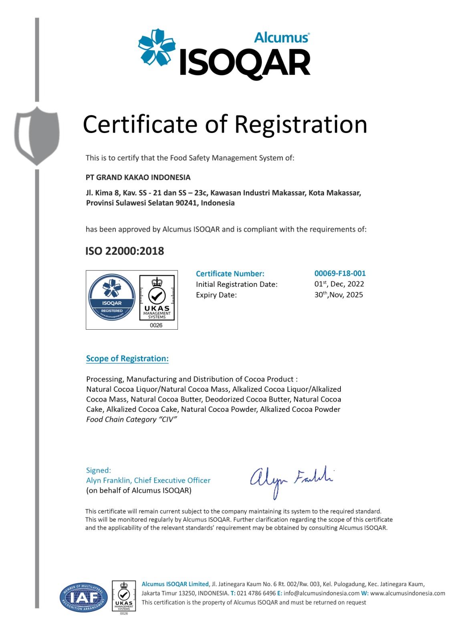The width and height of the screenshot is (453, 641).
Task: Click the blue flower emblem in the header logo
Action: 157,47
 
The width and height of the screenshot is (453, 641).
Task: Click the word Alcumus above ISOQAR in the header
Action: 282,38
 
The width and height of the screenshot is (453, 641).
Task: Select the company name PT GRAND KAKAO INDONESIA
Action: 138,177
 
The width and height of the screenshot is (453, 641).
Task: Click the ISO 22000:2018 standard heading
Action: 125,251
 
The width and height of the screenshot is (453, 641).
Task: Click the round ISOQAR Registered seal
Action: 112,297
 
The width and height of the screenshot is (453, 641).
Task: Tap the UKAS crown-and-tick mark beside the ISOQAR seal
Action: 157,297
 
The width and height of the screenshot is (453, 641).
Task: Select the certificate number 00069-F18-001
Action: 340,274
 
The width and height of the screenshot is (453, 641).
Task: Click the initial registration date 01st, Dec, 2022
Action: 339,284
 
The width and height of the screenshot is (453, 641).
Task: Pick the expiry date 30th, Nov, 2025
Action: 338,295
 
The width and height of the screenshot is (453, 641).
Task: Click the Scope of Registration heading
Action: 127,359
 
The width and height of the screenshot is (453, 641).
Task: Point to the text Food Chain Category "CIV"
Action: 131,419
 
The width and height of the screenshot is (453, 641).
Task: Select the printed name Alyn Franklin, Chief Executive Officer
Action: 148,480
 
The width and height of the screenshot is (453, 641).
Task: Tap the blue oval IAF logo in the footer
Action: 84,598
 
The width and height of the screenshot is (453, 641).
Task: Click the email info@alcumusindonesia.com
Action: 321,593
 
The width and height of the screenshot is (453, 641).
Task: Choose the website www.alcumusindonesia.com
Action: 407,593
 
